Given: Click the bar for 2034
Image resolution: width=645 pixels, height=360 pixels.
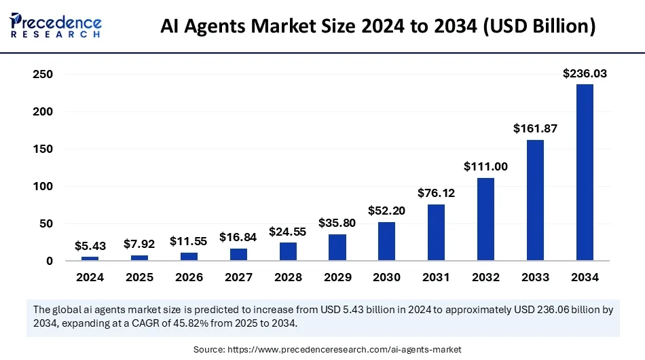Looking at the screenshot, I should tap(585, 173).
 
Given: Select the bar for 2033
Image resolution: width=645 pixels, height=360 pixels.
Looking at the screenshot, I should tap(535, 200).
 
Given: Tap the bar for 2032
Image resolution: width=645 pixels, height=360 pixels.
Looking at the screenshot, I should tap(486, 219).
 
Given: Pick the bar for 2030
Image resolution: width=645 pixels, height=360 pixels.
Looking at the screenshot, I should tap(387, 241).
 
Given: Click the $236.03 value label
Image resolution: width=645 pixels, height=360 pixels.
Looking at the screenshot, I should tap(585, 73).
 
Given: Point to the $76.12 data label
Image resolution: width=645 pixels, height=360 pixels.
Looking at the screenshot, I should tap(437, 193).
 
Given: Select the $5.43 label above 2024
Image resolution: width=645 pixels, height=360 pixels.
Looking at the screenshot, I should tap(90, 246).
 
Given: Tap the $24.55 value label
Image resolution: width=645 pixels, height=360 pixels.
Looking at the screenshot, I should tap(288, 231).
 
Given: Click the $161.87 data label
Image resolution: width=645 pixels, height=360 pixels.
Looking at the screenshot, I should tap(535, 128).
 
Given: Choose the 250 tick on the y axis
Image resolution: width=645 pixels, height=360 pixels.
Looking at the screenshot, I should tap(43, 74).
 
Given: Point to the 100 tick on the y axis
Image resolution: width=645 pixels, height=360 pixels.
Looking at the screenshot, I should tap(43, 186).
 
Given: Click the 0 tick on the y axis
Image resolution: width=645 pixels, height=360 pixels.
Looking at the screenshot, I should tap(50, 261).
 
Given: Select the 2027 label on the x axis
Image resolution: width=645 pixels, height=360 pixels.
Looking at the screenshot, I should tap(238, 277).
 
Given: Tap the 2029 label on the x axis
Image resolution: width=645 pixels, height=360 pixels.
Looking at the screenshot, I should tap(337, 277).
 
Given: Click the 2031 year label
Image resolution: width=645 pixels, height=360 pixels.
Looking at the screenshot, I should tap(437, 277).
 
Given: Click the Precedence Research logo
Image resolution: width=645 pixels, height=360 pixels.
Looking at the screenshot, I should tap(56, 24).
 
